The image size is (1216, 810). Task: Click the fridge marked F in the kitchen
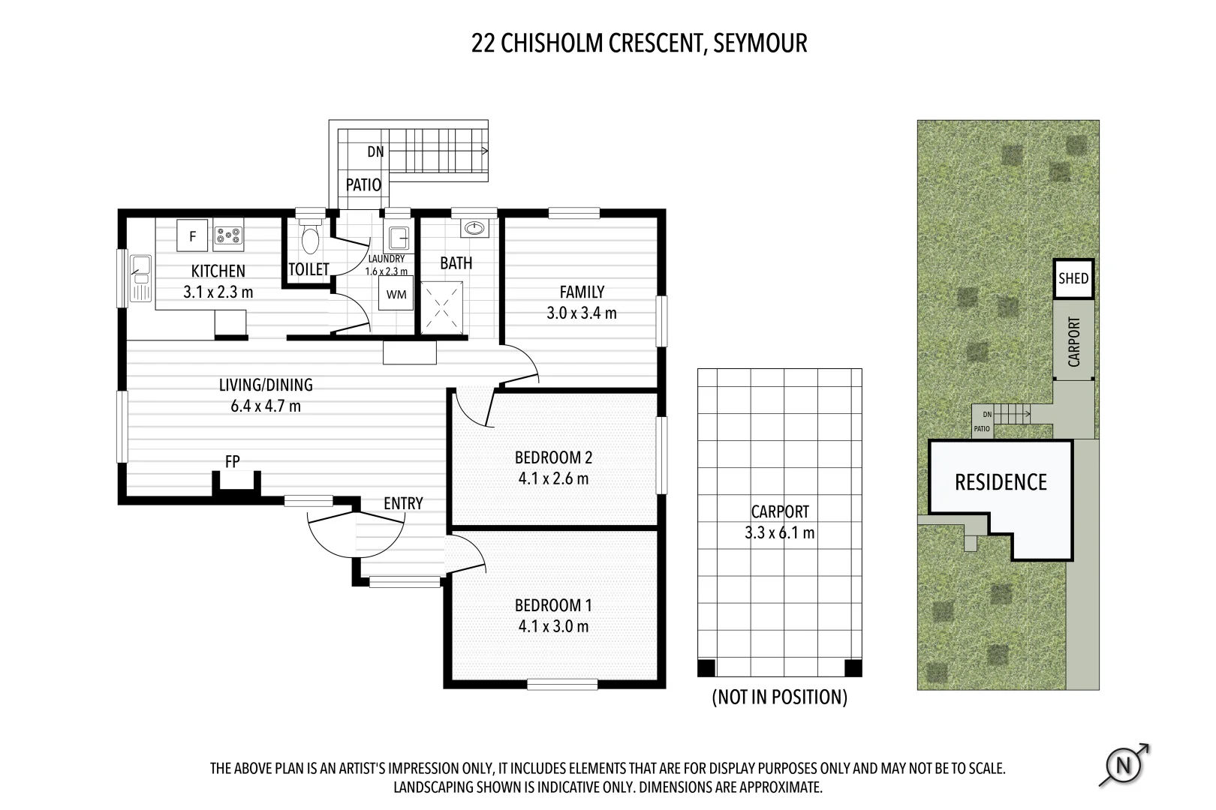(x=192, y=235)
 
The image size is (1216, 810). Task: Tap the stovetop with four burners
(x=228, y=235)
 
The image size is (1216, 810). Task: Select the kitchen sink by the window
(x=140, y=278)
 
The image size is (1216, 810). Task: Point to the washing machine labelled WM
(x=396, y=293)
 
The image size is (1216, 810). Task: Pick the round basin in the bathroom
(x=474, y=229)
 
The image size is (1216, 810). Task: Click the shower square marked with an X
(x=442, y=307)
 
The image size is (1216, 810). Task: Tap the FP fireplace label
(x=233, y=461)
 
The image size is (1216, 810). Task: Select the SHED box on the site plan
(x=1073, y=279)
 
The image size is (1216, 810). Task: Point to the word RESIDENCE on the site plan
(x=1001, y=482)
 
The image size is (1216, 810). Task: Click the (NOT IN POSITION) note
(x=780, y=697)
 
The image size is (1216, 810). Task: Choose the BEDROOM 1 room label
(x=553, y=605)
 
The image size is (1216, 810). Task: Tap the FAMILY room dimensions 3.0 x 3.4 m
(x=582, y=313)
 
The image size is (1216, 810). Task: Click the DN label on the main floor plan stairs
(x=375, y=152)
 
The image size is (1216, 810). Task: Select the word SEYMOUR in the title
(x=760, y=43)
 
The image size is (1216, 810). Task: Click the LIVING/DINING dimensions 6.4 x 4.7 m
(x=266, y=406)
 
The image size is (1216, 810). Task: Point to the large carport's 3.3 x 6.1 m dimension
(x=780, y=532)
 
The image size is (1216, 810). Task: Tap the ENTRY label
(x=403, y=503)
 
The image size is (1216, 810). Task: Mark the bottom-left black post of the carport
(x=706, y=667)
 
